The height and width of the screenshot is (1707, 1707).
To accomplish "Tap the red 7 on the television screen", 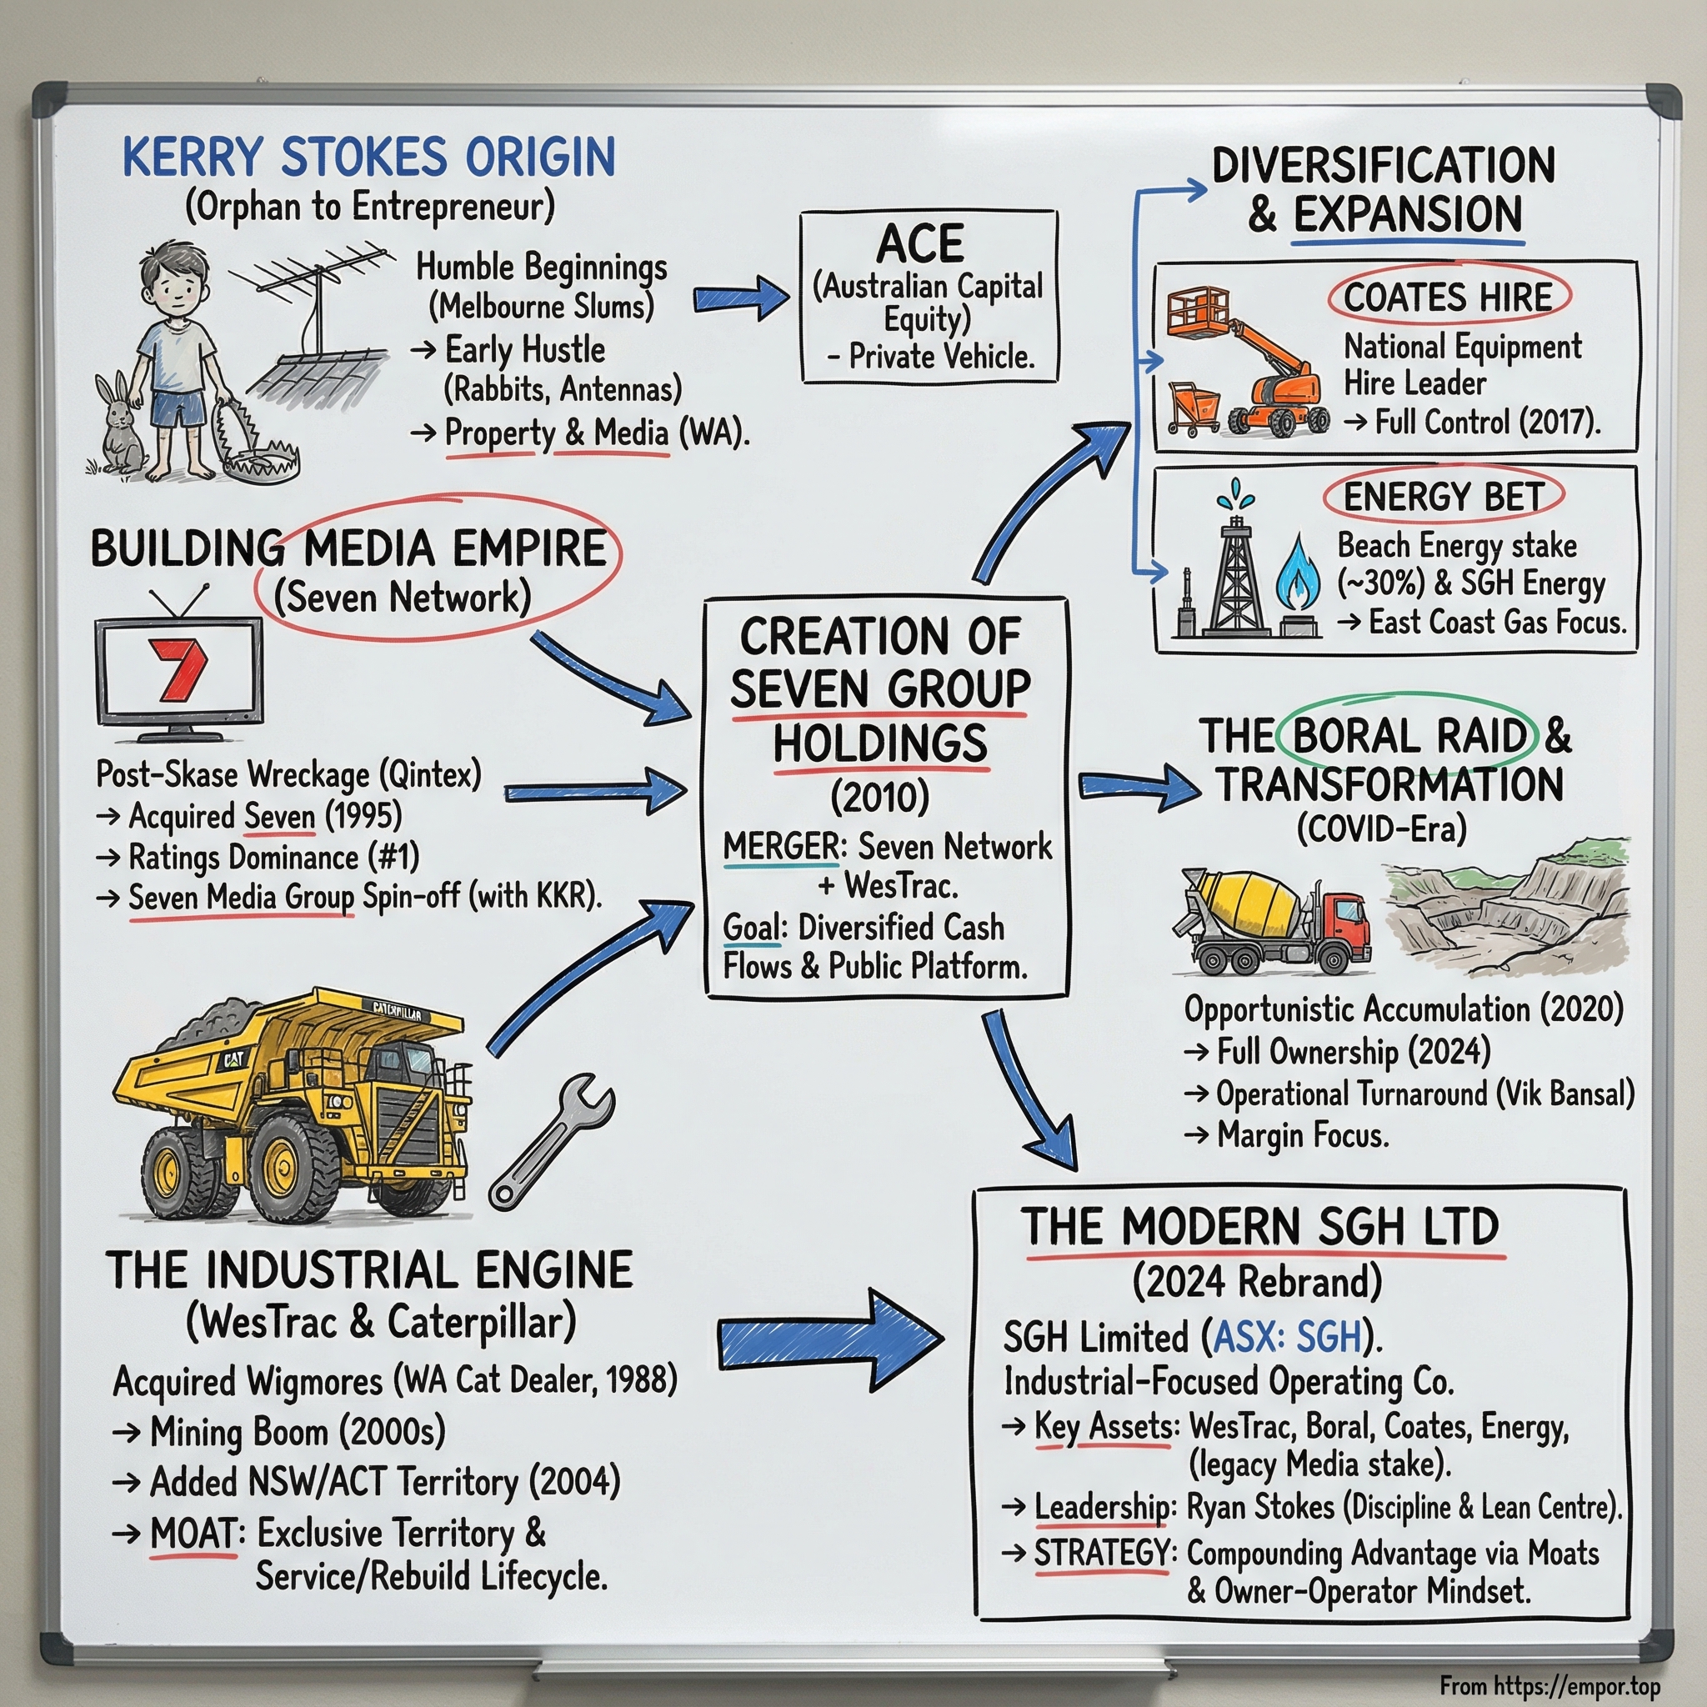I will coord(180,668).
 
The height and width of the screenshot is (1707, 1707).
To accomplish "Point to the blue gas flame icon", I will coord(1297,573).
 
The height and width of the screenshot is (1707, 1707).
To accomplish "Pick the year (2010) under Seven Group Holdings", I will coord(880,797).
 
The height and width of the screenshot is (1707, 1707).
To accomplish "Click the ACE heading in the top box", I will coord(920,243).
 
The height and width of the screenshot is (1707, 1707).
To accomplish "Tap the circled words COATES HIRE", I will coord(1447,298).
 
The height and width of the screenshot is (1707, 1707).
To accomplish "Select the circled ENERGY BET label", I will coord(1443,498).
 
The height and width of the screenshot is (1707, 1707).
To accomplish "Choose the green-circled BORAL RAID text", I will coord(1410,735).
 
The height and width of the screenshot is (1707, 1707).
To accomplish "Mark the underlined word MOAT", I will coord(193,1534).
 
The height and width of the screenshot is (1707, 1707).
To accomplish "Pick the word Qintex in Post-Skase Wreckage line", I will coord(431,775).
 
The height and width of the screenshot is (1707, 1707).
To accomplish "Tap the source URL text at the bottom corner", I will coord(1549,1686).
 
